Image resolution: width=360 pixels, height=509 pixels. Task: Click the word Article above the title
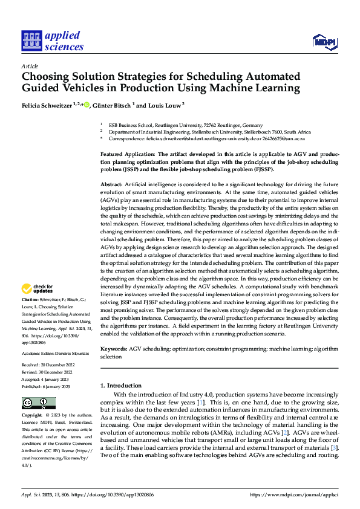(x=30, y=66)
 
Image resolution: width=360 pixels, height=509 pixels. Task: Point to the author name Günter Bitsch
(x=111, y=105)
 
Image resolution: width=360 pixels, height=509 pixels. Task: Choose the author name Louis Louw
(x=163, y=105)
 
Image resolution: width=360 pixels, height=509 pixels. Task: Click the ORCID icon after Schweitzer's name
(x=87, y=105)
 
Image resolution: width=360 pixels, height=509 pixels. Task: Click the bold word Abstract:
(x=111, y=183)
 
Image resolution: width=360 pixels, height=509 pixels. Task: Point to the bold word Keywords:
(x=114, y=349)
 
